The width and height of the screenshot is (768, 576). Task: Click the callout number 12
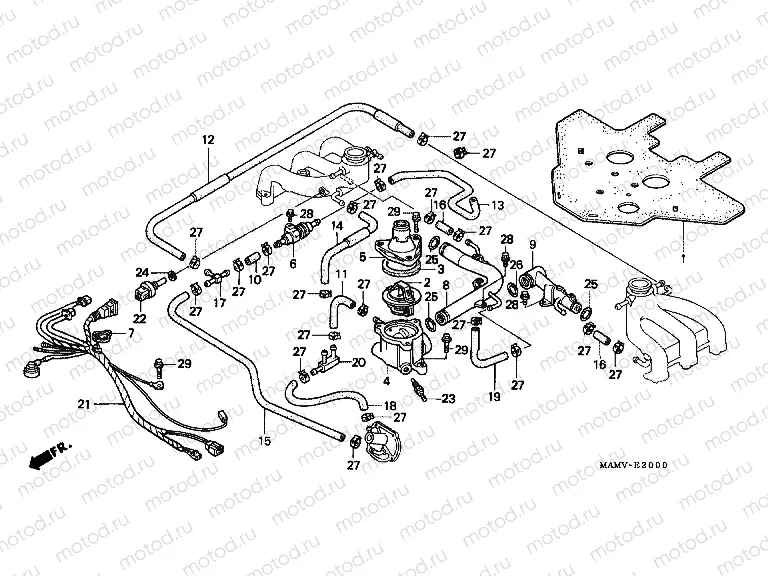[x=208, y=140]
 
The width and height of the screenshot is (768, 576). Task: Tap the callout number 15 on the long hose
[x=265, y=441]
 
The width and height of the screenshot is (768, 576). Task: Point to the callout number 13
[x=497, y=205]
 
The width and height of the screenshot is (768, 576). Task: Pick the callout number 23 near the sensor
[x=447, y=398]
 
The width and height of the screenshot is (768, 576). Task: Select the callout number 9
[x=532, y=244]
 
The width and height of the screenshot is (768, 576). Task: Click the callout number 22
[x=138, y=318]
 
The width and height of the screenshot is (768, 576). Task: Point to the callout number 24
[x=142, y=272]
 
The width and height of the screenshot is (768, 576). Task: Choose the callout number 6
[x=293, y=264]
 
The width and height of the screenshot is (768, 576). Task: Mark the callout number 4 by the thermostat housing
[x=387, y=381]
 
